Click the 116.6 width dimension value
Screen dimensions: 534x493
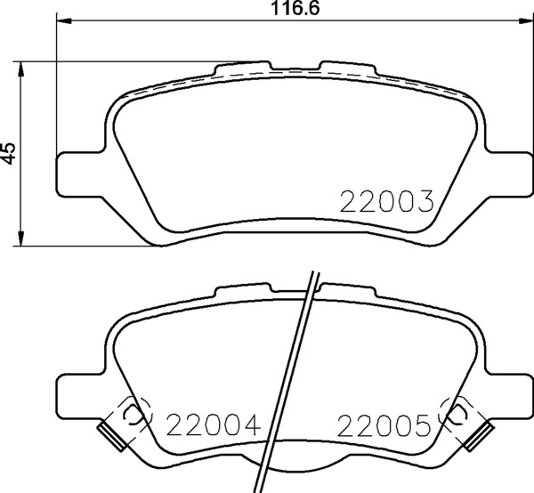pos(295,9)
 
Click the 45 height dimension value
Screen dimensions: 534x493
pos(8,154)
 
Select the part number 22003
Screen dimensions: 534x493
pos(387,201)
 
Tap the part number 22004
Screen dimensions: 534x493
pos(213,424)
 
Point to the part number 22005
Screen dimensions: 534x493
pos(383,425)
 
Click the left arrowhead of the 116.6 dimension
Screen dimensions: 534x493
pos(64,21)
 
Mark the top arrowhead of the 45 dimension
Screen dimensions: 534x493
pos(21,69)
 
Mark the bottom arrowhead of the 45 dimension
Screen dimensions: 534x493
pos(21,238)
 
